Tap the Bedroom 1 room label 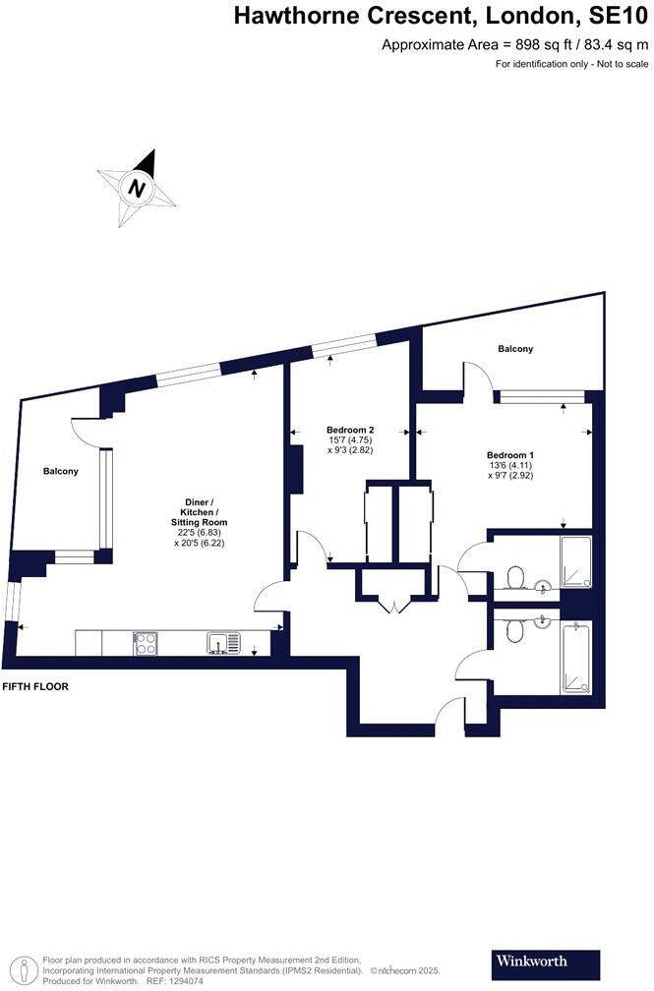(x=510, y=454)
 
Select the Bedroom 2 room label (x=351, y=430)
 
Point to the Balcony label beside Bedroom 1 (x=515, y=349)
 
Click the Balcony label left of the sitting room (x=60, y=472)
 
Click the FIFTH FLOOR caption (x=35, y=686)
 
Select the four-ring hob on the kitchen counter (x=146, y=643)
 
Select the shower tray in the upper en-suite (x=575, y=562)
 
